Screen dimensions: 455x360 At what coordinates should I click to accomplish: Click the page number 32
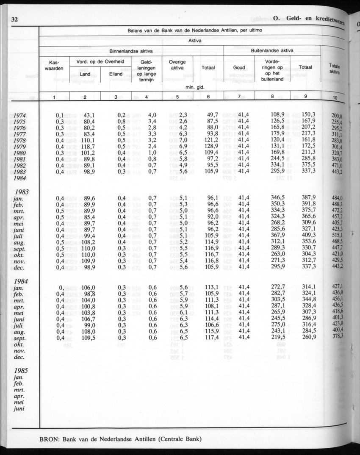coord(14,19)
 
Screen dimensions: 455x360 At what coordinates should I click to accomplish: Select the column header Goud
coord(239,68)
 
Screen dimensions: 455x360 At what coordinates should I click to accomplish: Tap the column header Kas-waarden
coord(54,65)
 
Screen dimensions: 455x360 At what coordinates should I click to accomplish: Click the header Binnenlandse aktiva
coord(131,51)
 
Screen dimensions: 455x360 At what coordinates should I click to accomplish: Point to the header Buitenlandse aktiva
coord(272,50)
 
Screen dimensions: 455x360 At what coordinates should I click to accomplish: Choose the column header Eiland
coord(116,74)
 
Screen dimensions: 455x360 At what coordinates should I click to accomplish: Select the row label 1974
coord(20,115)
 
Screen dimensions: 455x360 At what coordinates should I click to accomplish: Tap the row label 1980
coord(20,153)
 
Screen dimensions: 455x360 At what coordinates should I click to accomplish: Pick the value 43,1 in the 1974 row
coord(89,115)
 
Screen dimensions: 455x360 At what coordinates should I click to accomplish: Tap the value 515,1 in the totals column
coord(337,236)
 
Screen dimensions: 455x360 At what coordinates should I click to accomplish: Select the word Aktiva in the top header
coord(194,41)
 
